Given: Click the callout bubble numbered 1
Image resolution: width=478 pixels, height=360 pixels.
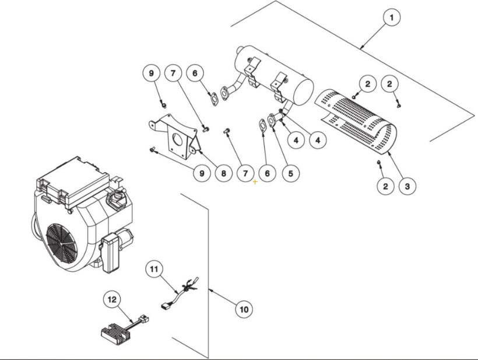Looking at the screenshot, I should (391, 18).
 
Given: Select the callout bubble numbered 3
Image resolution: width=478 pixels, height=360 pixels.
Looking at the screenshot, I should (407, 187).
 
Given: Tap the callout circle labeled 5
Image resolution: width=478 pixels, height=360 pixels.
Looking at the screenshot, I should (289, 173).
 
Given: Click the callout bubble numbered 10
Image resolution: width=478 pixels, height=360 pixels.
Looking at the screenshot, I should (244, 309).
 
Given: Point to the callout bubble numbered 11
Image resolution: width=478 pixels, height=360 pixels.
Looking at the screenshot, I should (153, 270).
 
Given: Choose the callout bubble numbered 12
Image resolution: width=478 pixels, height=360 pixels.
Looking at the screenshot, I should (112, 299).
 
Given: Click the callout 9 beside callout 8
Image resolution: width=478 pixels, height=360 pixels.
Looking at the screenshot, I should (201, 173).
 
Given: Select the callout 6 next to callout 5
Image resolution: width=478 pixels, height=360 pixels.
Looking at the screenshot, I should (267, 173).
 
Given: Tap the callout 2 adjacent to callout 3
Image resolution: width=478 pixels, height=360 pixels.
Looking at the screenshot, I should (385, 187).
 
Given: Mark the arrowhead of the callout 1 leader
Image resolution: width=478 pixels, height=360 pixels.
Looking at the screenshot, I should (361, 47).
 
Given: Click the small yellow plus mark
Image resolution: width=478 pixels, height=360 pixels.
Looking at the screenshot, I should (255, 182).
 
